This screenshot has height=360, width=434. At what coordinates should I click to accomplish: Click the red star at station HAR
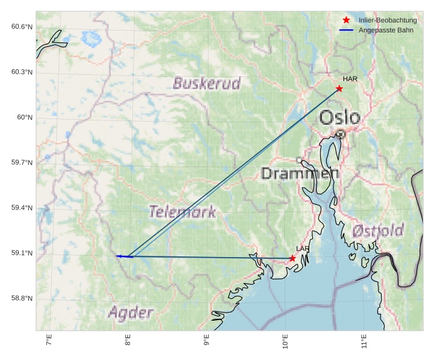[x=339, y=89]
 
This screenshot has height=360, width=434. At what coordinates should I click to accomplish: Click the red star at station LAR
[x=292, y=258]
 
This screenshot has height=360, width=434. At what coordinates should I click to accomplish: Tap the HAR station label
[x=350, y=79]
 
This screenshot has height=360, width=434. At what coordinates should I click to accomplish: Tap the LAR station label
[x=303, y=249]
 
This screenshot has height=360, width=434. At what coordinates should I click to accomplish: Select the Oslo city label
[x=340, y=117]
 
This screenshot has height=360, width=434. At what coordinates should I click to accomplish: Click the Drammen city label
[x=300, y=173]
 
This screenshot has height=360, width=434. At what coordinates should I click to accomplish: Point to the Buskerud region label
[x=207, y=84]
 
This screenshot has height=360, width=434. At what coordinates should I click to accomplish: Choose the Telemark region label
[x=182, y=212]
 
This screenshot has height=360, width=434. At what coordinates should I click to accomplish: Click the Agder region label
[x=130, y=312]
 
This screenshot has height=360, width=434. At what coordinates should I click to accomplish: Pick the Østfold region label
[x=378, y=231]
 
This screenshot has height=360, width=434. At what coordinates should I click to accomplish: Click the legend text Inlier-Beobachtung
[x=387, y=21]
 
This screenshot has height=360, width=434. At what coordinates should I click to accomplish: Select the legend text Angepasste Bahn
[x=385, y=30]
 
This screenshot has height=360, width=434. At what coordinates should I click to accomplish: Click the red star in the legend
[x=347, y=21]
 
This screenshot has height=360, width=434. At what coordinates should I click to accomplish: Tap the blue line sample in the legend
[x=347, y=30]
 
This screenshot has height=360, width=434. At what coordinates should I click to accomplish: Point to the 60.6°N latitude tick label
[x=22, y=27]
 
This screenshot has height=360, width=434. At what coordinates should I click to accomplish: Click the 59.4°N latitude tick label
[x=22, y=208]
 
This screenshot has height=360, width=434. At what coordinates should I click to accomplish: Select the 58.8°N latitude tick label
[x=22, y=298]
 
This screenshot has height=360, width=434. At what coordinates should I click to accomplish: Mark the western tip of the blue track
[x=117, y=256]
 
